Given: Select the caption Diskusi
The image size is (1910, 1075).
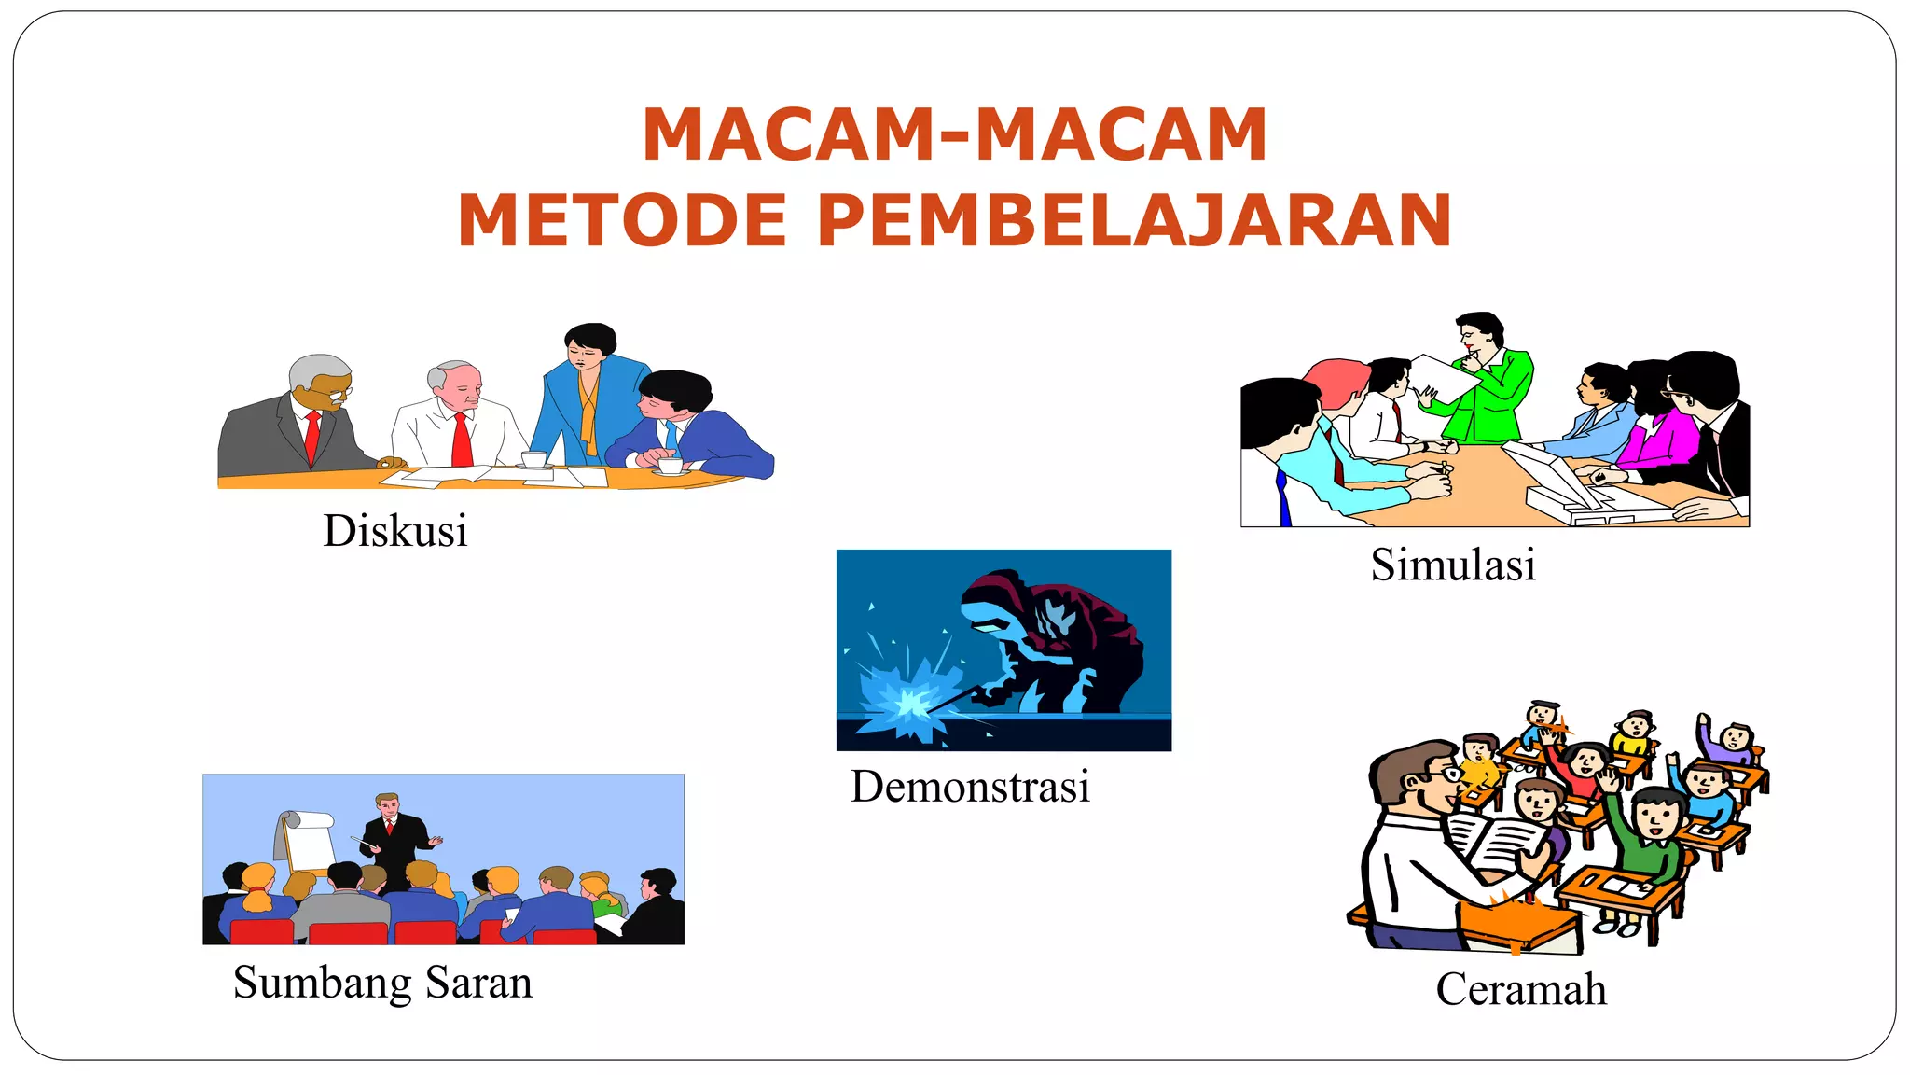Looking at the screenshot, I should point(395,531).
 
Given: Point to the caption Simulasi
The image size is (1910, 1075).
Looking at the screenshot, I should point(1453,565).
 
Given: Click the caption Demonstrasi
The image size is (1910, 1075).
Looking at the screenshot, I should point(970,786).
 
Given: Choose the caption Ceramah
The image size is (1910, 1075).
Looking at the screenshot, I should point(1521,989).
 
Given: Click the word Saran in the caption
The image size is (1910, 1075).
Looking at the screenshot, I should point(478,983).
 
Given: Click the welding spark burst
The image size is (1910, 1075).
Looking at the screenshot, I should point(905,700).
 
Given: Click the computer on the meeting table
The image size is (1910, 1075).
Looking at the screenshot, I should point(1557,485).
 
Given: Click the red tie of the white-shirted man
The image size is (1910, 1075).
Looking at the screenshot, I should point(462,439).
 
